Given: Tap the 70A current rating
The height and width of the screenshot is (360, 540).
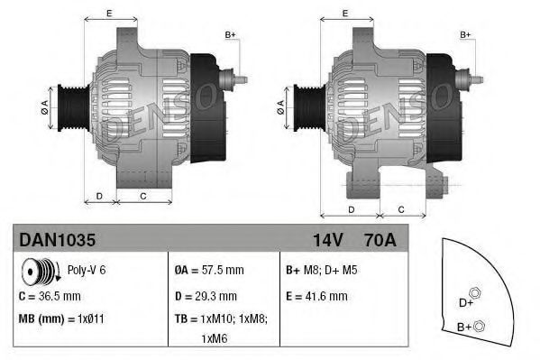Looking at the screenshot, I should point(379,240).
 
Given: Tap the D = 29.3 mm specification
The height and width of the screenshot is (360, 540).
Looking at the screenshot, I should point(206,295).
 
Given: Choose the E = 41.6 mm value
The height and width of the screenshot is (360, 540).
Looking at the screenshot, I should point(316,295).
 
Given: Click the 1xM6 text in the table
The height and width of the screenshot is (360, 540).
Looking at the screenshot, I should point(214,340).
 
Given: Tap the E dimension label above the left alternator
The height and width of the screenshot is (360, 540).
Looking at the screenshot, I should point(109,14).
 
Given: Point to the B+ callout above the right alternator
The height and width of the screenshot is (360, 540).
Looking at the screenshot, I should point(466,34).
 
